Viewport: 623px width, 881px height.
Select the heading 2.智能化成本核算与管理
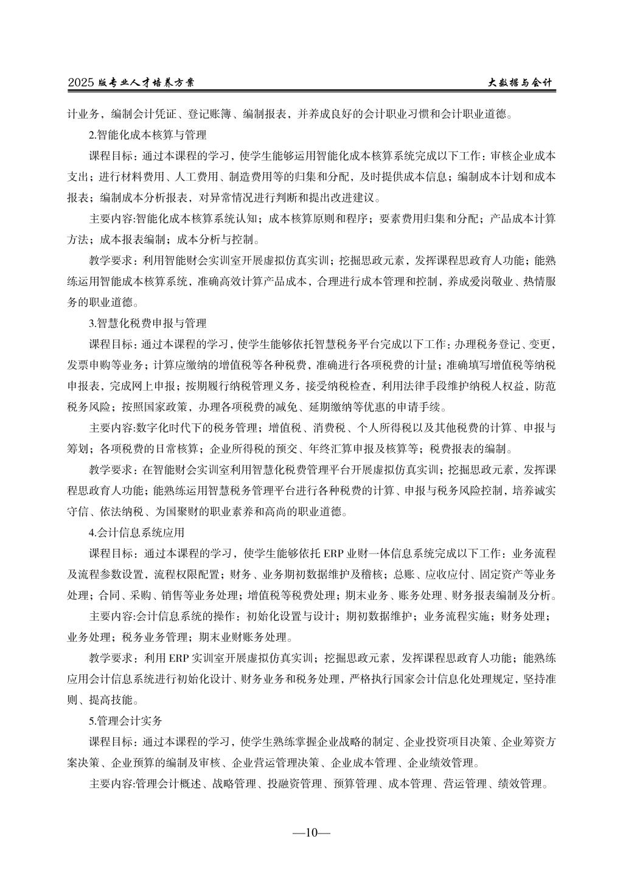click(148, 134)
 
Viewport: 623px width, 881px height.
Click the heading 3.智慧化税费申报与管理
click(148, 323)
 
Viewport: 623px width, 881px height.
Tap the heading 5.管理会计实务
click(126, 721)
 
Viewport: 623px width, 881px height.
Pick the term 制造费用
click(235, 176)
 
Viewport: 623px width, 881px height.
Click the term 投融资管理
click(294, 784)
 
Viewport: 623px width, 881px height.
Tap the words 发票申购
click(88, 365)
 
